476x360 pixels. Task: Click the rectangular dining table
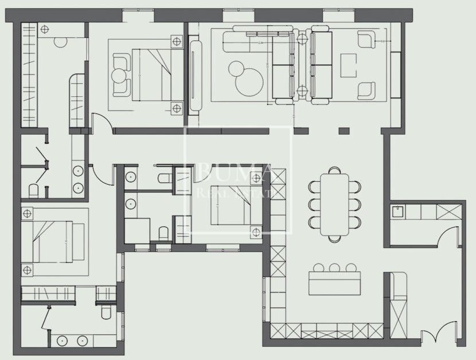click(x=335, y=204)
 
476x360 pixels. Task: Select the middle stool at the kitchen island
click(x=335, y=267)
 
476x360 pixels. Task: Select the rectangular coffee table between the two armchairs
click(x=348, y=65)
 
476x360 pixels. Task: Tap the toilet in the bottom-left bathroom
click(x=105, y=311)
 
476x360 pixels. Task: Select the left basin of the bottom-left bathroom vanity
click(x=61, y=340)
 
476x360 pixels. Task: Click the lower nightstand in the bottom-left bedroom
click(x=26, y=270)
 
